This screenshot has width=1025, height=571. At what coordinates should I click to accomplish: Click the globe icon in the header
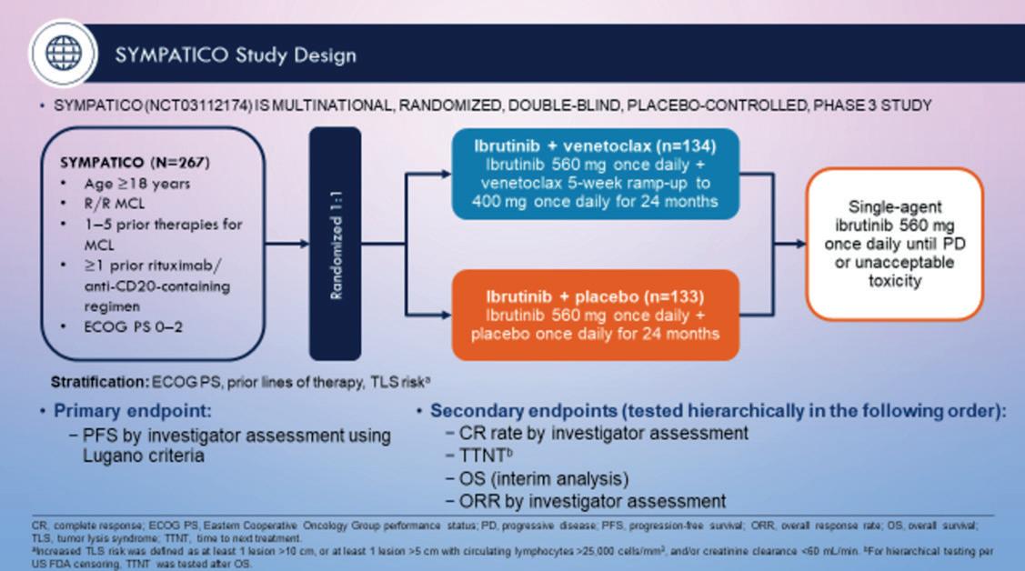click(63, 53)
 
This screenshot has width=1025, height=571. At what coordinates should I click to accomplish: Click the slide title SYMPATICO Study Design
click(236, 55)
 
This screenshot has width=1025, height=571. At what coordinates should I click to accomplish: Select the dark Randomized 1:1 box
click(335, 243)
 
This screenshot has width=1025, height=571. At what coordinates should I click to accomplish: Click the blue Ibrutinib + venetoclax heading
click(596, 146)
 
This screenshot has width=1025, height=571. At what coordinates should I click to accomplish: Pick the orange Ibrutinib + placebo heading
click(595, 297)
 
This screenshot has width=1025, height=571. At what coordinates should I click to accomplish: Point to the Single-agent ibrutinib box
click(895, 244)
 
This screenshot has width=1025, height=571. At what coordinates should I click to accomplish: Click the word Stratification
click(99, 382)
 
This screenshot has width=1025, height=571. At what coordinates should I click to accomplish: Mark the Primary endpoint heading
click(132, 411)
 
